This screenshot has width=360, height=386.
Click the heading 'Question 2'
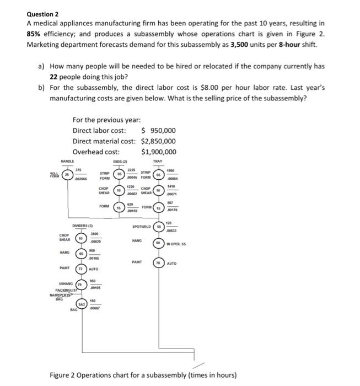[42, 13]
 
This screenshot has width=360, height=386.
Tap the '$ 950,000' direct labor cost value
[159, 131]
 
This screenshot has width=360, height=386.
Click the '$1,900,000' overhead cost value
[159, 152]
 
